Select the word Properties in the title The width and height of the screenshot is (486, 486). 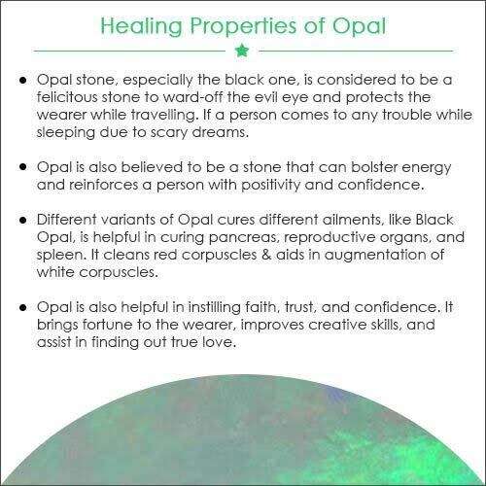click(243, 26)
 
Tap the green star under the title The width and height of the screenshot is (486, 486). click(242, 51)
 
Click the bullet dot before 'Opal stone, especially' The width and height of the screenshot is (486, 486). click(22, 80)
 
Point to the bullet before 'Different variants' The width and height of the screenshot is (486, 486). click(22, 220)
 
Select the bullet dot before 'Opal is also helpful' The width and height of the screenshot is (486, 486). click(22, 307)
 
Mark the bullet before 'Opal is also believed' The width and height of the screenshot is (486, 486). click(22, 167)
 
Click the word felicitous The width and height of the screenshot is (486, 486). click(67, 97)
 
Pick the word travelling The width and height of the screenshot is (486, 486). click(164, 115)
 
